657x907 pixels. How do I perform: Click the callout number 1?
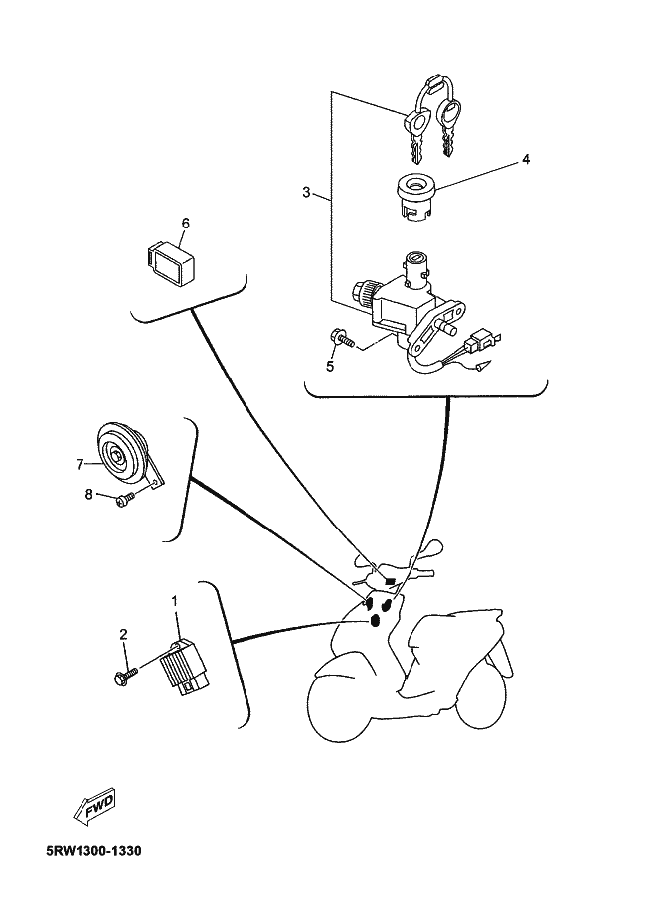coord(176,600)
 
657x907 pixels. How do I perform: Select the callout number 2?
coord(124,634)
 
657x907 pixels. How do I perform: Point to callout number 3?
coord(307,191)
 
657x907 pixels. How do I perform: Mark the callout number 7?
coord(81,463)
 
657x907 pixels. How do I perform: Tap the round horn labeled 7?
coord(121,456)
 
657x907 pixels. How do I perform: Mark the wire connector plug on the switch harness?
coord(483,342)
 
